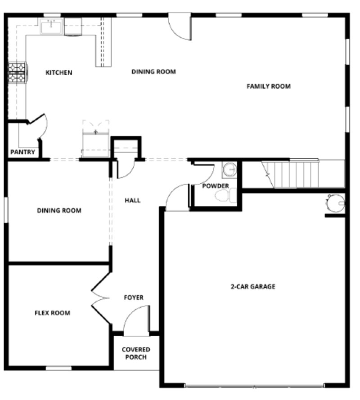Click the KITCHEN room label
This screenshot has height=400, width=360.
pyautogui.click(x=59, y=72)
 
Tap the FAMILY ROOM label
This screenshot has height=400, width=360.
pyautogui.click(x=268, y=86)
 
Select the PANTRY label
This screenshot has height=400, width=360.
pyautogui.click(x=23, y=152)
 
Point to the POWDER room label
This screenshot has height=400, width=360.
pyautogui.click(x=215, y=186)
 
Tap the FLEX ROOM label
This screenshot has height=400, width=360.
pyautogui.click(x=52, y=313)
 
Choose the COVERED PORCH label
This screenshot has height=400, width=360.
pyautogui.click(x=136, y=353)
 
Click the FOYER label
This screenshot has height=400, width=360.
pyautogui.click(x=134, y=298)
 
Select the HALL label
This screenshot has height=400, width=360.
pyautogui.click(x=132, y=200)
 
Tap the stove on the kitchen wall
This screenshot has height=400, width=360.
pyautogui.click(x=18, y=72)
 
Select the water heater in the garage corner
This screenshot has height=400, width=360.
pyautogui.click(x=336, y=203)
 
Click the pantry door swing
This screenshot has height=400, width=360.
pyautogui.click(x=39, y=124)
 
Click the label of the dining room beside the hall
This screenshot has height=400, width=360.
pyautogui.click(x=59, y=210)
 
